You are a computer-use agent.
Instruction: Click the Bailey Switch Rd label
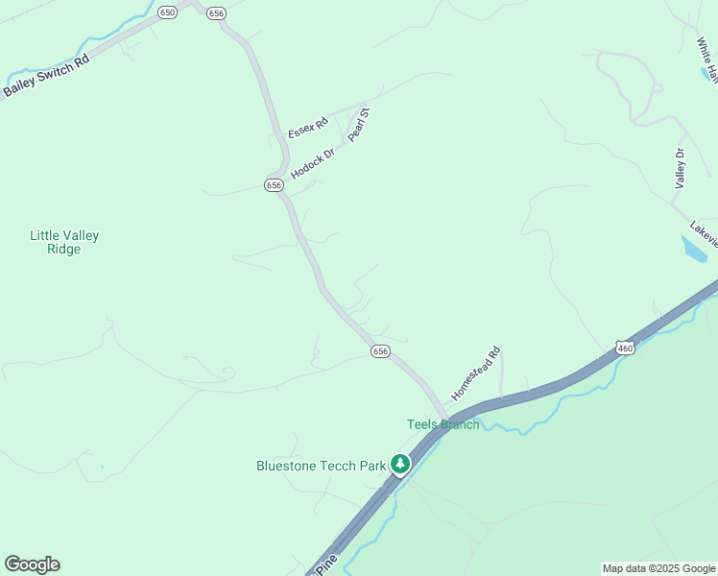(46, 75)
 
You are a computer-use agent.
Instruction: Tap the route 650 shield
(169, 12)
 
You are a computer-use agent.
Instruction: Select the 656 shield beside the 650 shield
(216, 12)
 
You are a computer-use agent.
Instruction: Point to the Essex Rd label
(308, 127)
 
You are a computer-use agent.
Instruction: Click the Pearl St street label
(359, 125)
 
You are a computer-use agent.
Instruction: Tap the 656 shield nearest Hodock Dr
(274, 184)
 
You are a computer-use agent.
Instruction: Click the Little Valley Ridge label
(64, 242)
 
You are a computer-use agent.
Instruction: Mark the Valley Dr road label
(681, 168)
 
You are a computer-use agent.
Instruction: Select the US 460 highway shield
(625, 348)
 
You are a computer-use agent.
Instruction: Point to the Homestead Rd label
(477, 372)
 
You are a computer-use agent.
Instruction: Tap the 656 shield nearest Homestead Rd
(380, 352)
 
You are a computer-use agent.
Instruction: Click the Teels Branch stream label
(443, 424)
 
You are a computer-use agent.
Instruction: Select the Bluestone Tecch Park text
(321, 466)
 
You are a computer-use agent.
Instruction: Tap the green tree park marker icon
(400, 465)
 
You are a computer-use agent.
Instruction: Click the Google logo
(32, 564)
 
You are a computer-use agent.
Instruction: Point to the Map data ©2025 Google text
(658, 568)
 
